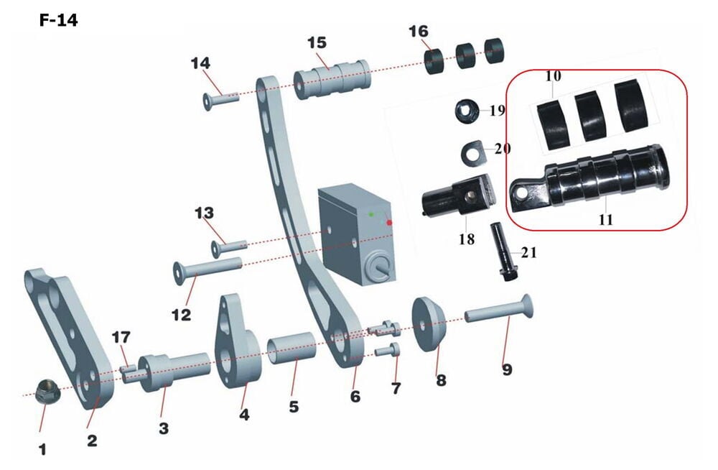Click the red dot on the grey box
[x=389, y=223]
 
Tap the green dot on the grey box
[x=371, y=214]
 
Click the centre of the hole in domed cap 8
[x=424, y=326]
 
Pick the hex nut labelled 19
[x=467, y=111]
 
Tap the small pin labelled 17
[x=127, y=372]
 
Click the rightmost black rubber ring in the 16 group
[x=494, y=50]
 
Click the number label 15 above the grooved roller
[x=317, y=42]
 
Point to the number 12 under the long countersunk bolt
[x=182, y=315]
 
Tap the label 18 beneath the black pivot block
[x=466, y=239]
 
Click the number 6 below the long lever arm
[x=355, y=396]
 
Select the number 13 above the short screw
[x=204, y=213]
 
